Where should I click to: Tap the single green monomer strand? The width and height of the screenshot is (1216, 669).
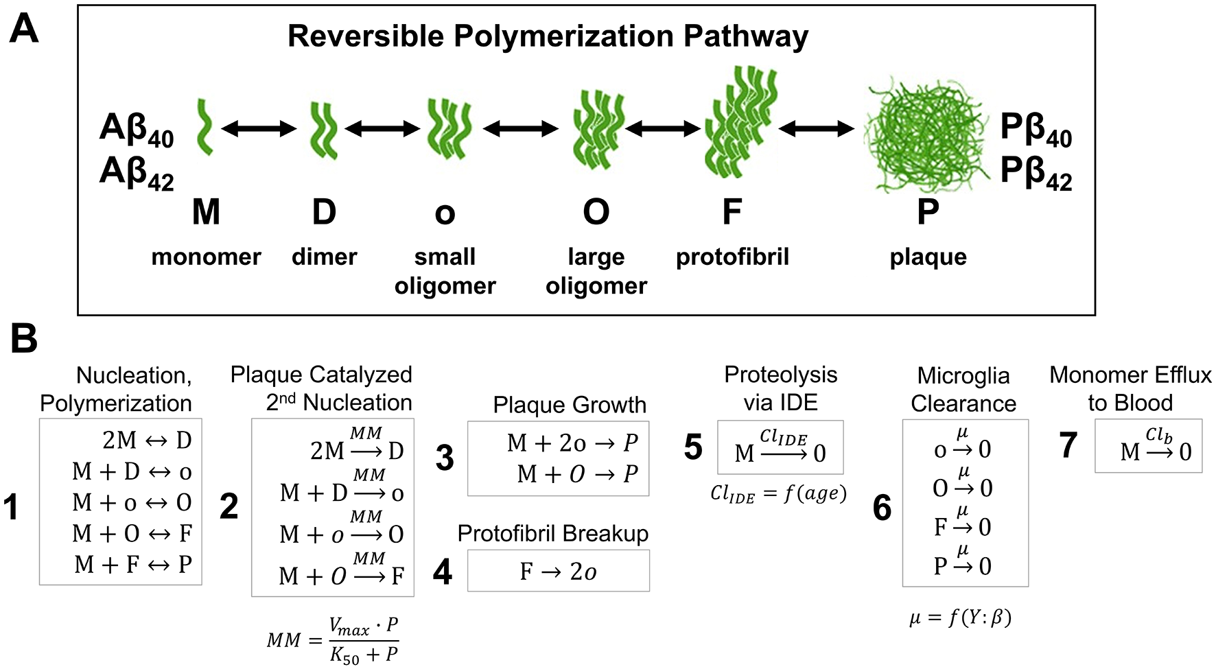pyautogui.click(x=204, y=127)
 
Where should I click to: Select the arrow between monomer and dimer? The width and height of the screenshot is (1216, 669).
pyautogui.click(x=259, y=128)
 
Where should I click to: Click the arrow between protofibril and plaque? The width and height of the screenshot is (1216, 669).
pyautogui.click(x=816, y=128)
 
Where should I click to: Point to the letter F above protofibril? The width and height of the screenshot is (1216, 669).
pyautogui.click(x=732, y=211)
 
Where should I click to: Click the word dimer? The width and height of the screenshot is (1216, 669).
pyautogui.click(x=324, y=257)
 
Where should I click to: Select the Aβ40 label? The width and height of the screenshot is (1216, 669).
pyautogui.click(x=137, y=129)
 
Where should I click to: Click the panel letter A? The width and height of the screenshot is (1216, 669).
pyautogui.click(x=23, y=29)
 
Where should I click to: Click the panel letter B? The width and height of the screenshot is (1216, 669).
pyautogui.click(x=23, y=338)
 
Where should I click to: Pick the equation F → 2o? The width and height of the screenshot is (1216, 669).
pyautogui.click(x=558, y=571)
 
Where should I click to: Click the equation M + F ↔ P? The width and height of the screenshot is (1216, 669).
pyautogui.click(x=133, y=565)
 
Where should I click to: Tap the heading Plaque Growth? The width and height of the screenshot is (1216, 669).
pyautogui.click(x=569, y=405)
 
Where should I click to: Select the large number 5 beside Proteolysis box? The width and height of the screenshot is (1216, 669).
pyautogui.click(x=693, y=447)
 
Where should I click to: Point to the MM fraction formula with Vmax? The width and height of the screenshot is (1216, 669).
pyautogui.click(x=334, y=640)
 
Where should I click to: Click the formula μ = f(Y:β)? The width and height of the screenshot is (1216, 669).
pyautogui.click(x=960, y=618)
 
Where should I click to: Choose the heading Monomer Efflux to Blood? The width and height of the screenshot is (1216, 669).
pyautogui.click(x=1130, y=388)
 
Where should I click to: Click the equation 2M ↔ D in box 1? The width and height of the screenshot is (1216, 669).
pyautogui.click(x=147, y=440)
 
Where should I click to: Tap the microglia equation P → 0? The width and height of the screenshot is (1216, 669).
pyautogui.click(x=962, y=564)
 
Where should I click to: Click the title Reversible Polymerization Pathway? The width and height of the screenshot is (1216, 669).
pyautogui.click(x=548, y=36)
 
